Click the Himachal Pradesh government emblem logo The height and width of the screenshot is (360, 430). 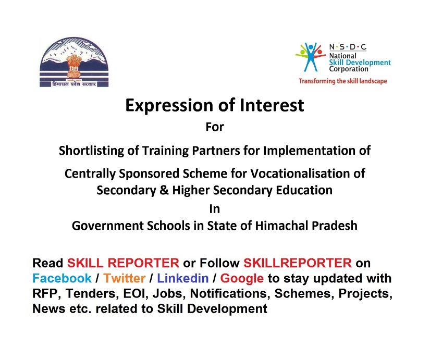[x=74, y=62]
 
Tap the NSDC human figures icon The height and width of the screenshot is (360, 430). [x=311, y=57]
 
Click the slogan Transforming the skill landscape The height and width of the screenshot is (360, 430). [x=343, y=81]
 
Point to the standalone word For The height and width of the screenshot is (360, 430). [x=215, y=127]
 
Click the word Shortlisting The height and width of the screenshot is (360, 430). [x=99, y=151]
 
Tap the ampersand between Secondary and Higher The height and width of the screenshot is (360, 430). [x=164, y=190]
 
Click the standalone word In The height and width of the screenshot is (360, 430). [x=214, y=209]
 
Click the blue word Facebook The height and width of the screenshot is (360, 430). [x=62, y=278]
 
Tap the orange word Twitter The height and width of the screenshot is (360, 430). [x=124, y=278]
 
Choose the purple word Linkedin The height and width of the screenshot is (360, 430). [x=182, y=278]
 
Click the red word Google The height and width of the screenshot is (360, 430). [x=242, y=279]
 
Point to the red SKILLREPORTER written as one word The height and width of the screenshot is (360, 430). [x=298, y=263]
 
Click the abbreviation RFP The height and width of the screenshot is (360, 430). [x=45, y=294]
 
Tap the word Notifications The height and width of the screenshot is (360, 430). [x=228, y=294]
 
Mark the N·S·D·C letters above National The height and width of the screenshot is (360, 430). [x=348, y=47]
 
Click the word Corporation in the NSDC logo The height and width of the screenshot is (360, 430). [x=349, y=69]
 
